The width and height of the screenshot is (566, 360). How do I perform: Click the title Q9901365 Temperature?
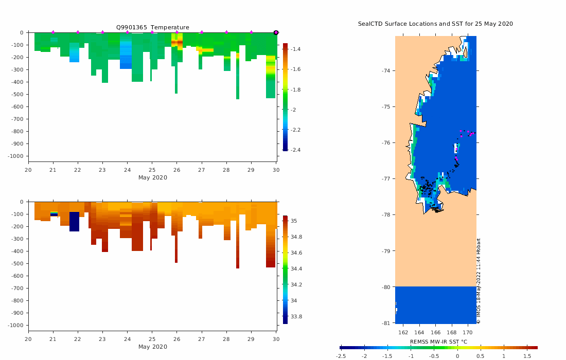coord(152,27)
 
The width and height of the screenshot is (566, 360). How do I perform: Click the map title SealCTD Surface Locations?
coord(435,24)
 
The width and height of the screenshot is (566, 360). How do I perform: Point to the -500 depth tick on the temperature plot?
coord(19,94)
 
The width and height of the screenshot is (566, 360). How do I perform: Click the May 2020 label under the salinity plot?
coord(152,347)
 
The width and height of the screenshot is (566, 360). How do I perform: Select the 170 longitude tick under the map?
coord(468,332)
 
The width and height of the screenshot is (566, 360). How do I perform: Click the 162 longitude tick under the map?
coord(403,332)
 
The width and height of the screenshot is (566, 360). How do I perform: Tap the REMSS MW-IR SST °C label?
coord(438,341)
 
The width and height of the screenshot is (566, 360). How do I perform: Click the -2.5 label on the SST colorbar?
coord(341,356)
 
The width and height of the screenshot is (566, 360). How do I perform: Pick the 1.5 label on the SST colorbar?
coord(527,356)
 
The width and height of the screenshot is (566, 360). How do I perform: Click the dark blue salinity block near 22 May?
coord(74,221)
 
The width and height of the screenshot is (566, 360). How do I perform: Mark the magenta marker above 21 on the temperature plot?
coord(53,32)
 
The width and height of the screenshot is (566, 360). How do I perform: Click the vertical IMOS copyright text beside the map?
coord(479,281)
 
